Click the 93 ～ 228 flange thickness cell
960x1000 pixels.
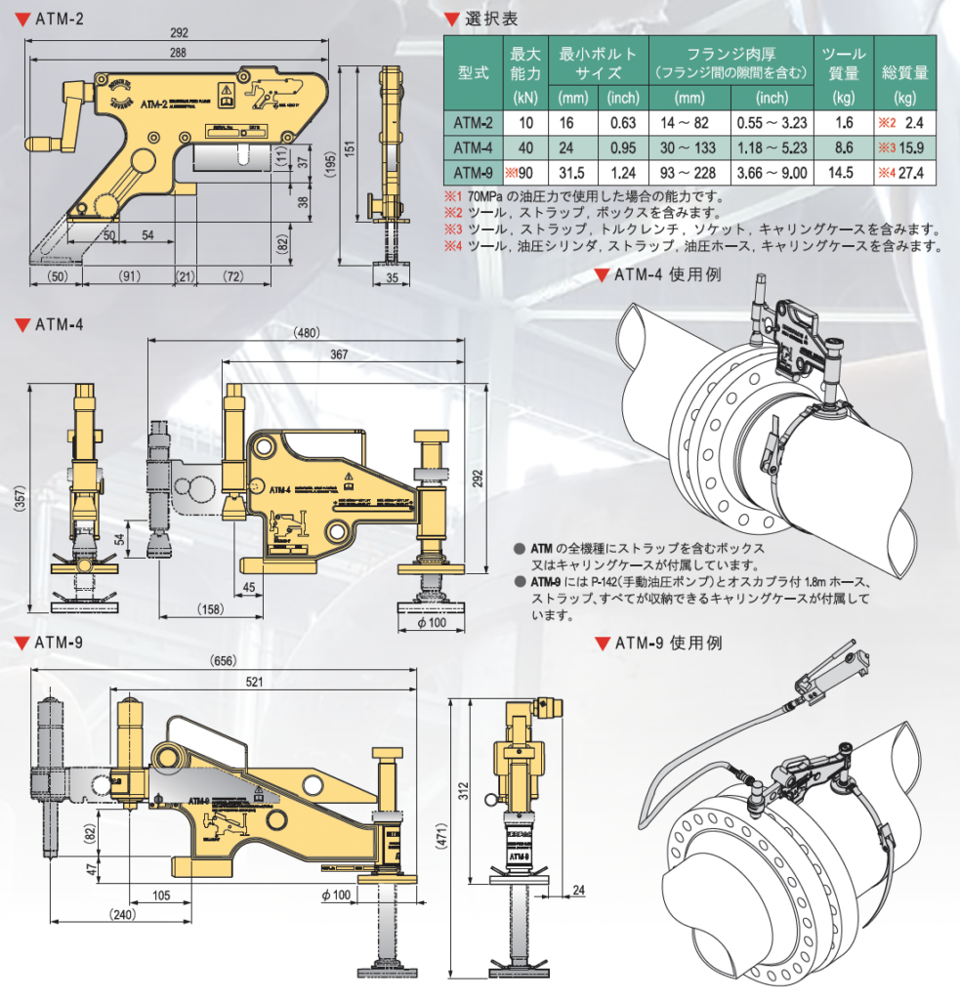689,174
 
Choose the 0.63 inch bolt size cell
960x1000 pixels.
622,123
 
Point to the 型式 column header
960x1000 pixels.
475,73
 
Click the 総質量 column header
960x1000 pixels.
904,72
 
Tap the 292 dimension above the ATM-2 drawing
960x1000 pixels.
178,32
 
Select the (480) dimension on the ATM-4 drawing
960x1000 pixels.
307,332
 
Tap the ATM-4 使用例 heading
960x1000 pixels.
667,275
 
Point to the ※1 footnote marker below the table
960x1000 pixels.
451,195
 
